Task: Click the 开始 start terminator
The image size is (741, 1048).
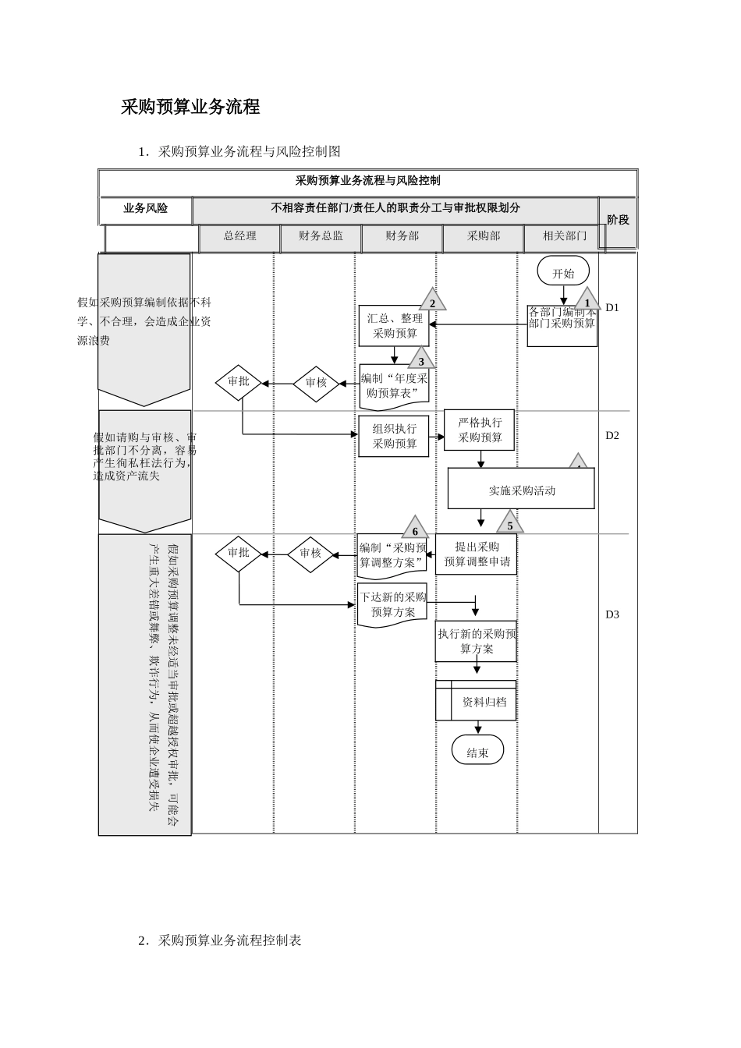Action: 562,273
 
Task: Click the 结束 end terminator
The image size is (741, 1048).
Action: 477,752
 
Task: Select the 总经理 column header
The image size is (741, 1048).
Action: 239,236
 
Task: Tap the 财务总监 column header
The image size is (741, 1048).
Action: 321,236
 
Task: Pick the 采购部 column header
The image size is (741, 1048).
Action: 483,236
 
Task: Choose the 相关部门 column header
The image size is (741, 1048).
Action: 564,236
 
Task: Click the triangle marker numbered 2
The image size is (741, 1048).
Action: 432,302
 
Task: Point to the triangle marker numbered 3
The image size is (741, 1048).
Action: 421,360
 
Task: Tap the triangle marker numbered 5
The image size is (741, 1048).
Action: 510,524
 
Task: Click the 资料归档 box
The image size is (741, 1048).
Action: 476,701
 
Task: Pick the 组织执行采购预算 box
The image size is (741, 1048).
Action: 394,437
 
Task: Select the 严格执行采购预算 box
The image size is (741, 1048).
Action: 480,430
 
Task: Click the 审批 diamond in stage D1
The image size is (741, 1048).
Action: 238,383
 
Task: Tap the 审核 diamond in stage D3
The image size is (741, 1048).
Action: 310,554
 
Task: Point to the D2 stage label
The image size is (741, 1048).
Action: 612,435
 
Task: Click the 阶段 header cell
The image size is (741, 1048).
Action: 618,221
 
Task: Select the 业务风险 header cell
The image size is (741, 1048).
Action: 146,209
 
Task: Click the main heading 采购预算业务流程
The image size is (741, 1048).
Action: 190,108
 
